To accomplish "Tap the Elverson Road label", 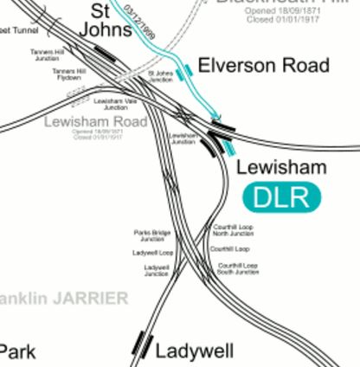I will [263, 66].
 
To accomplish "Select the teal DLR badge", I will [281, 196].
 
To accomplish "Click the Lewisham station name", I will [281, 167].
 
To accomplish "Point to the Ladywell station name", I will [195, 351].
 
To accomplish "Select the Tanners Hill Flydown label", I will [69, 74].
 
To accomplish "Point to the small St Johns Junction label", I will [161, 76].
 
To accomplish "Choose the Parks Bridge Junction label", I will [152, 235].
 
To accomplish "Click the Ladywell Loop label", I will [152, 253].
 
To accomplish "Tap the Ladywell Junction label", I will [157, 271].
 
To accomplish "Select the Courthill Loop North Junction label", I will [234, 231].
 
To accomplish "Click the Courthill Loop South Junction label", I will [238, 268].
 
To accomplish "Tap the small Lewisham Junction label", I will [182, 138].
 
